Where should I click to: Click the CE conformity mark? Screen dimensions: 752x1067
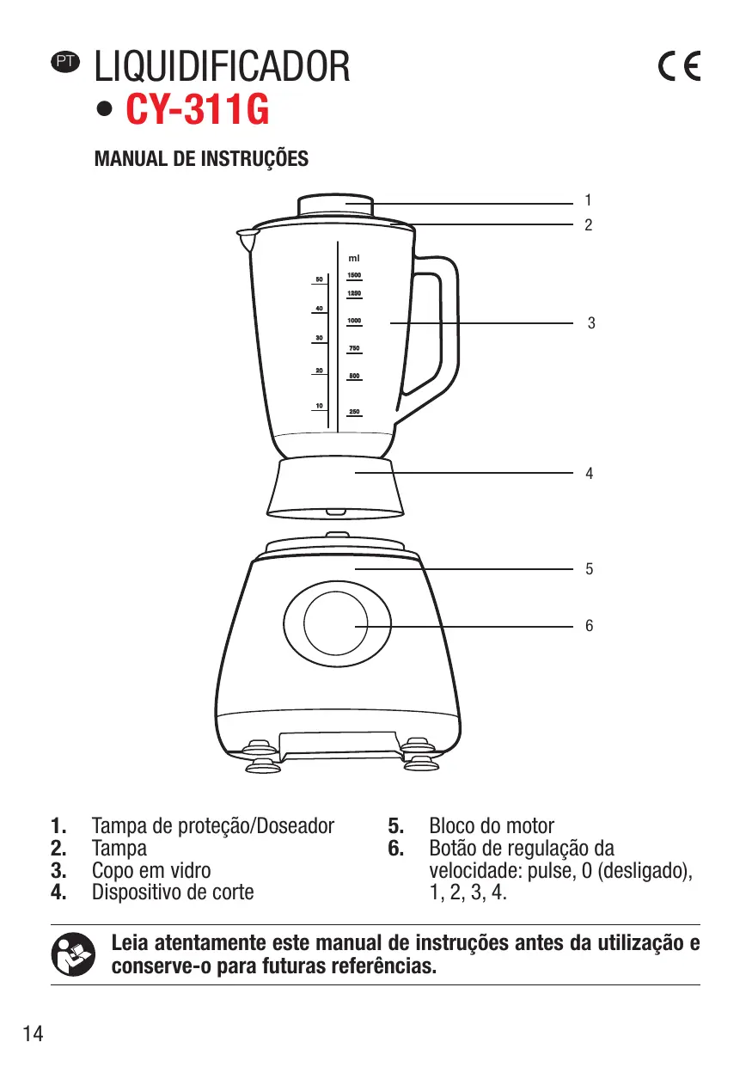(678, 67)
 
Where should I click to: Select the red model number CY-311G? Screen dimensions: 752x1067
(198, 111)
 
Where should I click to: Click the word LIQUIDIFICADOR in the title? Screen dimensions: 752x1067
(223, 67)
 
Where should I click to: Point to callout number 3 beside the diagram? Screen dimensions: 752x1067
(590, 323)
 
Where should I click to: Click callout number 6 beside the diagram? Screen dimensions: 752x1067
(589, 627)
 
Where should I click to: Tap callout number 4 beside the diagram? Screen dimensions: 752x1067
(589, 473)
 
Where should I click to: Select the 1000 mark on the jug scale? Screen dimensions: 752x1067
(353, 321)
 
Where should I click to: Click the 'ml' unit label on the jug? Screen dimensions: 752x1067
(353, 258)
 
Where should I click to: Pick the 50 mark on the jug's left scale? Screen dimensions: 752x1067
(319, 279)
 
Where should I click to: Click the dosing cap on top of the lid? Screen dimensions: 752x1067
(336, 206)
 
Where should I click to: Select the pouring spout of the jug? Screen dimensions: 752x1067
(248, 236)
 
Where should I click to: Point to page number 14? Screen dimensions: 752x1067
(33, 1033)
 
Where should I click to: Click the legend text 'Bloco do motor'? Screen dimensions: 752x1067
(492, 826)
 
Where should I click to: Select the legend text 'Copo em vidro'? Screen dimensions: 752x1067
(151, 870)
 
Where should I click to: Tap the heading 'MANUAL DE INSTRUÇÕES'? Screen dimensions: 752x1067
(201, 159)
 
